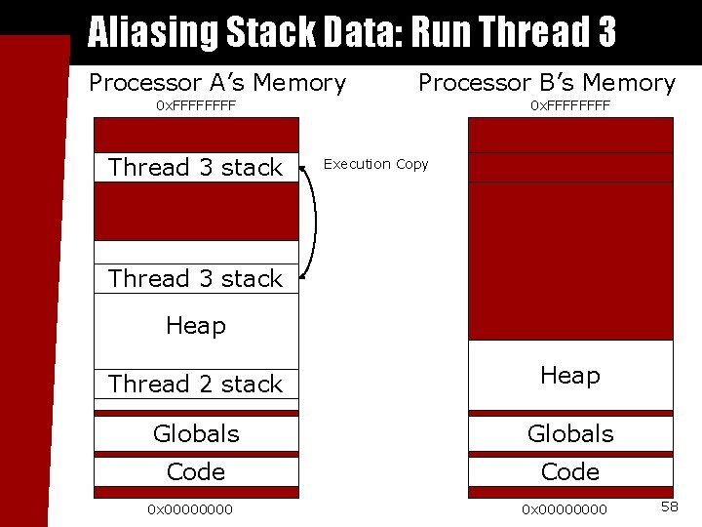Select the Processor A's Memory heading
pos(217,83)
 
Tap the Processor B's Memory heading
pos(546,83)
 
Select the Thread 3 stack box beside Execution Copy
pos(196,168)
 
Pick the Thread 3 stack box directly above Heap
pos(196,279)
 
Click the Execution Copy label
pos(375,164)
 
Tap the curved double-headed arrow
pos(313,223)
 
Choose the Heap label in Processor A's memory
pos(196,326)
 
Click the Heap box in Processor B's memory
pos(570,376)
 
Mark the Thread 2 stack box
pos(196,385)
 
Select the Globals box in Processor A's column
pos(196,433)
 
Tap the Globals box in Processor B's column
pos(570,433)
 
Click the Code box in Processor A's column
pos(196,472)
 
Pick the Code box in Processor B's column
pos(570,472)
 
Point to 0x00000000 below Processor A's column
pos(190,509)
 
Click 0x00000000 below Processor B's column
pos(565,509)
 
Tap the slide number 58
pos(670,507)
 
